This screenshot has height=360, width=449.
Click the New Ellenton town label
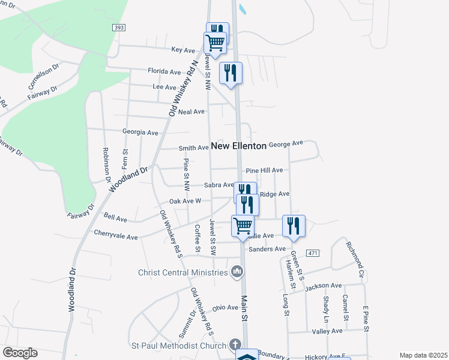238,146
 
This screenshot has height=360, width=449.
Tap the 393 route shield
118,28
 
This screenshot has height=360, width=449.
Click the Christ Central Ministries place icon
237,273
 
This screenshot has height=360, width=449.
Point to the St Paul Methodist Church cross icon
235,345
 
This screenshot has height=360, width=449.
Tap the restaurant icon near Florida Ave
231,73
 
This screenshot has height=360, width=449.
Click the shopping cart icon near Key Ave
215,42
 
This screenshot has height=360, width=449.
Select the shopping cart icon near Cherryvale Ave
243,226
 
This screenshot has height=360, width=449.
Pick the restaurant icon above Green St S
294,226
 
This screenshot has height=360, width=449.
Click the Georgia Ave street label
140,132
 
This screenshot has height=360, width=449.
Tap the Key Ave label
184,49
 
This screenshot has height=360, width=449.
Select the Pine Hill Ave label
264,170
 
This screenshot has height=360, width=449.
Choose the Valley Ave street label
327,331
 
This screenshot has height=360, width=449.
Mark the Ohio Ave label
226,308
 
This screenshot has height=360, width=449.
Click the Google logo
20,353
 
